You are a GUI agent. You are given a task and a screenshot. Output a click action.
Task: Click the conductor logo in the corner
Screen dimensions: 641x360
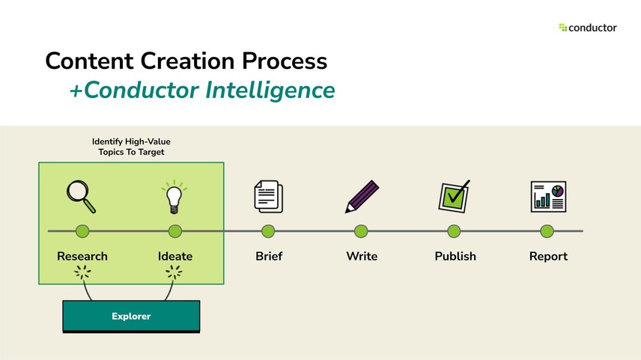(x=588, y=28)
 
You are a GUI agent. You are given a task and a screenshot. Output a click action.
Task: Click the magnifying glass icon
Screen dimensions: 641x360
(x=81, y=197)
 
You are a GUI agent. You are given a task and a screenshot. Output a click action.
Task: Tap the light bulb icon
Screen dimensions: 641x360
(x=174, y=197)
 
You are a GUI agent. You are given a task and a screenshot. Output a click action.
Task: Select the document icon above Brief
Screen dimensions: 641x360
(x=268, y=197)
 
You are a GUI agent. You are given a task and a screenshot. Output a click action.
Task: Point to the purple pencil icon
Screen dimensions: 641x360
(x=362, y=197)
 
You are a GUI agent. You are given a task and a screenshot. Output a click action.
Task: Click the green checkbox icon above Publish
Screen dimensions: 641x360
(x=454, y=196)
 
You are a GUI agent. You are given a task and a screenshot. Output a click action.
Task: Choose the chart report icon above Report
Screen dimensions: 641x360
(x=547, y=196)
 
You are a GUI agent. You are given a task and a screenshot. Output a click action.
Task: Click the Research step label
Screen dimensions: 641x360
(x=82, y=256)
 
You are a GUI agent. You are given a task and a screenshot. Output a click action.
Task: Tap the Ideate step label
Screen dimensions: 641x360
(x=175, y=256)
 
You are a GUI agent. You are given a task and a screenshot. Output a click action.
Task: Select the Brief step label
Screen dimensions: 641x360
(x=269, y=256)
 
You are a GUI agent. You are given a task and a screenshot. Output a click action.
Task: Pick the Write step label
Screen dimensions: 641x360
(x=362, y=256)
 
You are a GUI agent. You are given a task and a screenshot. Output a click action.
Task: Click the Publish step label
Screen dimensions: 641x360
(x=455, y=256)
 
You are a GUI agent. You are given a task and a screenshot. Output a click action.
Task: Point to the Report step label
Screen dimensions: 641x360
(x=548, y=256)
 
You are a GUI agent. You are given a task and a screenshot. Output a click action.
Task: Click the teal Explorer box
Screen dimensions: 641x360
(x=131, y=316)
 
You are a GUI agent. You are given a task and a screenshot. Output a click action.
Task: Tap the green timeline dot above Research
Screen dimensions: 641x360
(x=82, y=231)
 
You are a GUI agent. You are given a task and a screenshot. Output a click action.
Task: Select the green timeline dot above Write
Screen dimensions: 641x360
(x=361, y=231)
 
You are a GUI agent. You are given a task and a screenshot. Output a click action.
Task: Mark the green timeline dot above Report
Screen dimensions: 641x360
(x=547, y=231)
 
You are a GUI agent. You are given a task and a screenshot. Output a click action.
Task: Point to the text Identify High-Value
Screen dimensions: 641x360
(x=131, y=141)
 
